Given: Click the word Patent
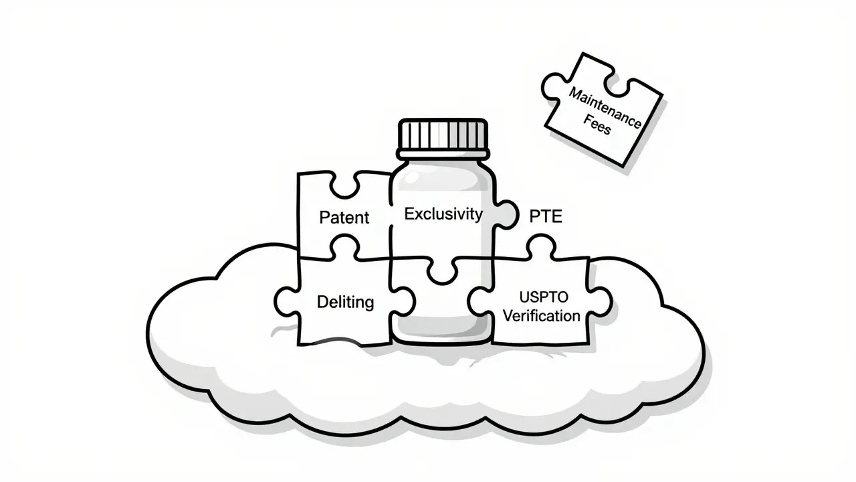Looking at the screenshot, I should [344, 218].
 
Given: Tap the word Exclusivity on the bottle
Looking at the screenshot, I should [443, 214].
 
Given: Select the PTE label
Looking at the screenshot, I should [546, 216].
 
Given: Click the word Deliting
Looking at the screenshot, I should [345, 302].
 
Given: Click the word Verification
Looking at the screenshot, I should [542, 315].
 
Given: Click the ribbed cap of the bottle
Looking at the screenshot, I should [443, 134].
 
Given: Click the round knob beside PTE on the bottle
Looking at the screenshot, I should [507, 214].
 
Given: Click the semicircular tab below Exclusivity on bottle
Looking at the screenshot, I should [442, 271].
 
